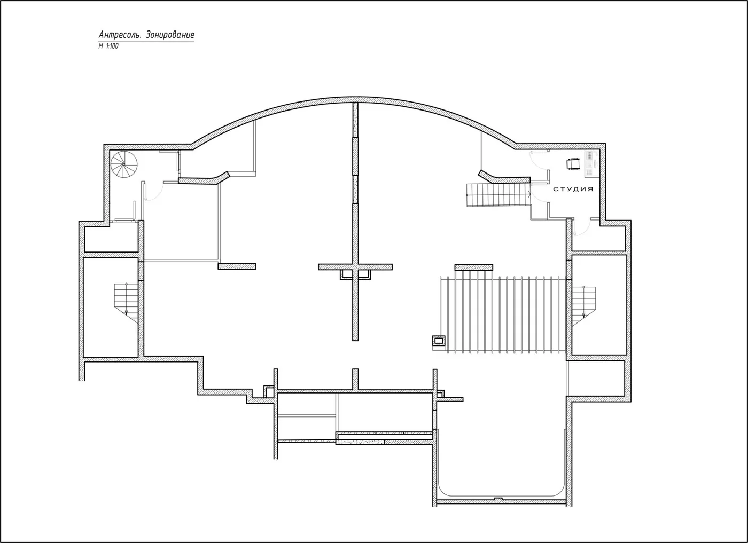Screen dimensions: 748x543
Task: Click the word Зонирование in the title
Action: pos(170,35)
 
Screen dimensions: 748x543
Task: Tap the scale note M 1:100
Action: pos(108,46)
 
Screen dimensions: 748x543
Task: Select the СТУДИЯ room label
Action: pos(573,189)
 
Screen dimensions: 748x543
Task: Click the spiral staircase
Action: pos(124,164)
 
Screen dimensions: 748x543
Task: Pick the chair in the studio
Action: pos(572,164)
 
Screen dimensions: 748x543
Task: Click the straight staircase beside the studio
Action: pos(498,195)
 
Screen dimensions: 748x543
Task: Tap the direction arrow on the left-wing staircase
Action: pos(126,312)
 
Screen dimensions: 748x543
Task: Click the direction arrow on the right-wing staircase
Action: pos(583,316)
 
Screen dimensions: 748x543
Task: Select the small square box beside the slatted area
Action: pos(439,341)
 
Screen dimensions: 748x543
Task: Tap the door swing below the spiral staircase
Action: pos(154,191)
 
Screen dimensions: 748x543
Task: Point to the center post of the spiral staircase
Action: pos(124,164)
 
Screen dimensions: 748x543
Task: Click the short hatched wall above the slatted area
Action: pos(473,267)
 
